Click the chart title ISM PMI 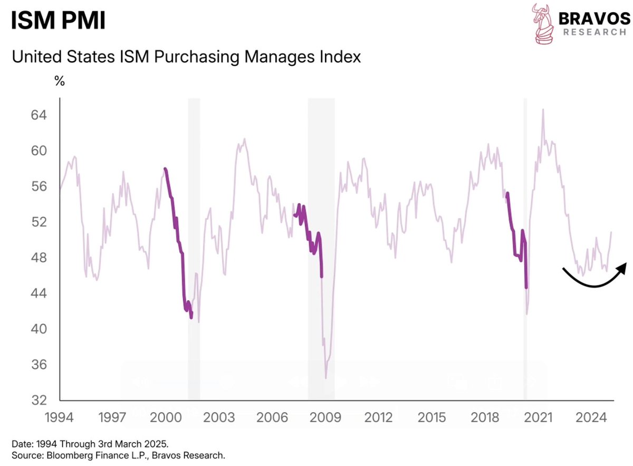pyautogui.click(x=59, y=21)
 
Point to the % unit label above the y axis pyautogui.click(x=60, y=82)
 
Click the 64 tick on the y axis pyautogui.click(x=40, y=115)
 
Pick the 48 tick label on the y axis pyautogui.click(x=40, y=258)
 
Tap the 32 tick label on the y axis pyautogui.click(x=40, y=400)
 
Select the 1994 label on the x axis pyautogui.click(x=60, y=417)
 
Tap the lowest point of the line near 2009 pyautogui.click(x=326, y=378)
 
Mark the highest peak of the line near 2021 pyautogui.click(x=543, y=109)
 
